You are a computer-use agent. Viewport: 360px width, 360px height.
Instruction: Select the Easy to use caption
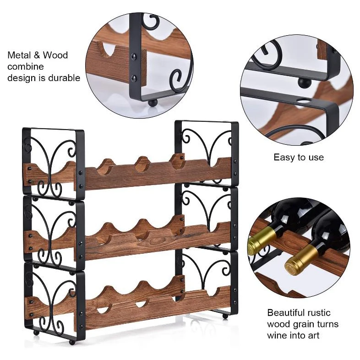pyautogui.click(x=298, y=157)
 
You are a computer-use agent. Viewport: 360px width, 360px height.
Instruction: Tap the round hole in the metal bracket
pyautogui.click(x=303, y=100)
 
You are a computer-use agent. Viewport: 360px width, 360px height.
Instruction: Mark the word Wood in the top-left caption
pyautogui.click(x=56, y=55)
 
